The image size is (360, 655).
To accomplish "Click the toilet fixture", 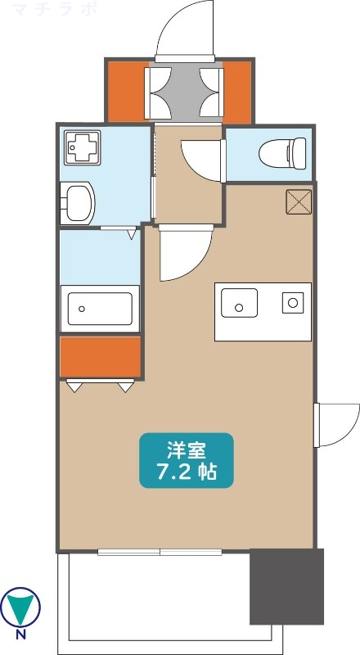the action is (282, 153).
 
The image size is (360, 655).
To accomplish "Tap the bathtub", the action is (101, 309).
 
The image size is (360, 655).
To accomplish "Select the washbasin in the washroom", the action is (78, 203).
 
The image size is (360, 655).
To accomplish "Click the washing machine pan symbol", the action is (83, 147).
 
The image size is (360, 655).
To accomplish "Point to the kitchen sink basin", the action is (239, 303).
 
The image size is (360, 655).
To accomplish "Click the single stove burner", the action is (293, 302).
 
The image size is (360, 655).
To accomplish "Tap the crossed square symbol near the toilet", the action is (299, 201).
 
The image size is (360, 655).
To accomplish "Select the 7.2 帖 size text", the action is (187, 472).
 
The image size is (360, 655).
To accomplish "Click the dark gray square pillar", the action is (287, 586).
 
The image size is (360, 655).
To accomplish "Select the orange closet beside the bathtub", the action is (101, 357).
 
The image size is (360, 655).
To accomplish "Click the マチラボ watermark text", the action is (55, 9).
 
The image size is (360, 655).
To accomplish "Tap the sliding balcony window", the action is (160, 552).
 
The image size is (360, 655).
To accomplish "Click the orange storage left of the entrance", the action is (127, 92).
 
